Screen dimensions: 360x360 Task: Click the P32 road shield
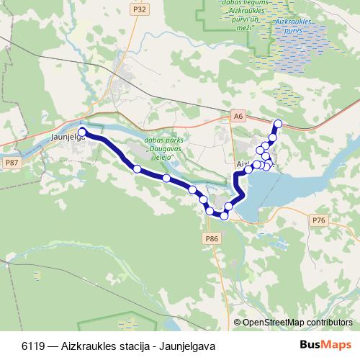pyautogui.click(x=140, y=9)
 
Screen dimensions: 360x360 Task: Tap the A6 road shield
pyautogui.click(x=238, y=115)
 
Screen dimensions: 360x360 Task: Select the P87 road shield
pyautogui.click(x=12, y=163)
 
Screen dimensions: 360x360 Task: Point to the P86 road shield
pyautogui.click(x=211, y=238)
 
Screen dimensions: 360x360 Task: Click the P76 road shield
pyautogui.click(x=319, y=220)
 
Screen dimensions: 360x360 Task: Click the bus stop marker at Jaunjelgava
pyautogui.click(x=82, y=132)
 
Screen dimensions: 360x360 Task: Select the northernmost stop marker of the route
pyautogui.click(x=278, y=123)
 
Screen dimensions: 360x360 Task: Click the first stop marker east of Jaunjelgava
pyautogui.click(x=137, y=168)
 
